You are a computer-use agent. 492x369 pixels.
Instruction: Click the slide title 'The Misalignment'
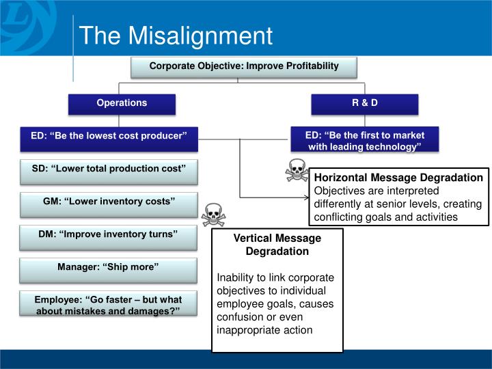coord(176,36)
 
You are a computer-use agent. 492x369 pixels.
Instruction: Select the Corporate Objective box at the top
coord(244,67)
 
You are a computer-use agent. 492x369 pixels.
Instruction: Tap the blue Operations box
coord(122,103)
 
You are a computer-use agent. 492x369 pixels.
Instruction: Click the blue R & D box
coord(364,103)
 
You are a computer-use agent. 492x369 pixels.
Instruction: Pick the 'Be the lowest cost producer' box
coord(109,137)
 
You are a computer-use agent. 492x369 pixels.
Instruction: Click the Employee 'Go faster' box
coord(109,304)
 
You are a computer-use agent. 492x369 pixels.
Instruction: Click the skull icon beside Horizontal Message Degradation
coord(297,170)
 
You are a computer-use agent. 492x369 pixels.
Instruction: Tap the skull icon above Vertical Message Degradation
coord(213,215)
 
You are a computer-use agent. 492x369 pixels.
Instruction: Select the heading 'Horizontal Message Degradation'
coord(398,178)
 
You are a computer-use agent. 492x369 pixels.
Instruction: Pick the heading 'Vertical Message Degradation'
coord(277,245)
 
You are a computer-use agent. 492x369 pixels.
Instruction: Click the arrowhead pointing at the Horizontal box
coord(305,197)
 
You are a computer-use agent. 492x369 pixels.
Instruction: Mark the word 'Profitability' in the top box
coord(308,66)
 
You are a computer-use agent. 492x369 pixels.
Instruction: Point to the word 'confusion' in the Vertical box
coord(239,317)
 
